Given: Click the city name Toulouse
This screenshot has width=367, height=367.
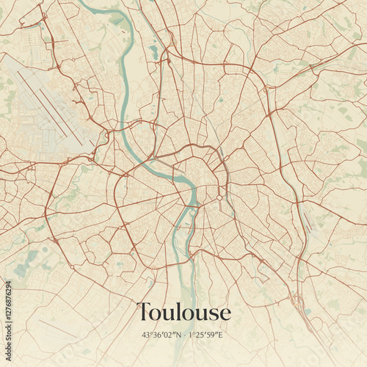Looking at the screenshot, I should [183, 312].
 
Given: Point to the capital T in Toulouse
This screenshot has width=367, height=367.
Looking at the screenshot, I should [144, 312].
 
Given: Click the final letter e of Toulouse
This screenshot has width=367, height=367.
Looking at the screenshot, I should [225, 314].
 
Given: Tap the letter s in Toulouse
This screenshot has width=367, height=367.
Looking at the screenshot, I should [212, 314].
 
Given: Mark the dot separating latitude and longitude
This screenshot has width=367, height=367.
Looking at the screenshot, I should [183, 335].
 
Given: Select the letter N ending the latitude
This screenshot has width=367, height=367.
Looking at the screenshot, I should [178, 335].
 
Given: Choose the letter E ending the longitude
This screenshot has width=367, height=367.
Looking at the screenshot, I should [224, 335].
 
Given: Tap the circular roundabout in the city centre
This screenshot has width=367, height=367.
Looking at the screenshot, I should [219, 197].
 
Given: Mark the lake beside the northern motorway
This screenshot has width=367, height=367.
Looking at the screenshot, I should [153, 51].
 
